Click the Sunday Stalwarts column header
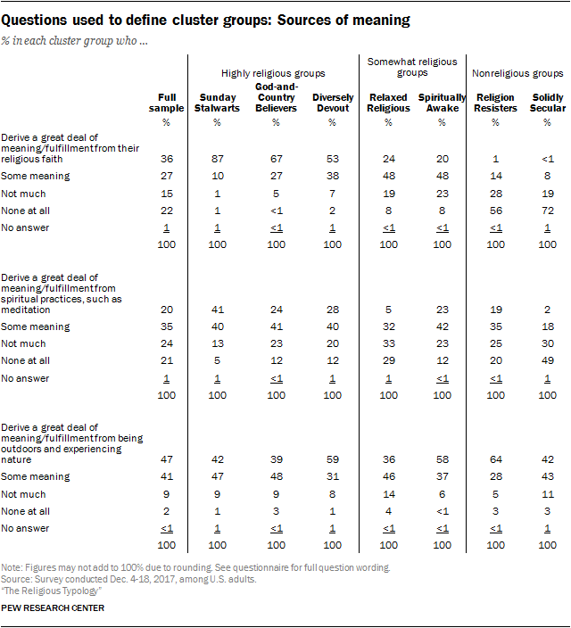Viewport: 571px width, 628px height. click(217, 103)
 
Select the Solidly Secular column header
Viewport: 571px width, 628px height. click(548, 103)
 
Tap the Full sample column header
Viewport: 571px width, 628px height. click(166, 103)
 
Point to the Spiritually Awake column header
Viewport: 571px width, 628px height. click(442, 103)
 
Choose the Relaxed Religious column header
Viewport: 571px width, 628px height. click(388, 103)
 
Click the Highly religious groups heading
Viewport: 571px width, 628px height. click(273, 74)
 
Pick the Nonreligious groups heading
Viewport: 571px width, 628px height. click(517, 74)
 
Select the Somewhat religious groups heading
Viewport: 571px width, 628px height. click(412, 67)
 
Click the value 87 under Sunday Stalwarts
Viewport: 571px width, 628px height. click(217, 159)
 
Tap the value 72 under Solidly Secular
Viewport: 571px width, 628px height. click(548, 211)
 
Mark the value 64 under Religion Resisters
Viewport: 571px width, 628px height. click(496, 459)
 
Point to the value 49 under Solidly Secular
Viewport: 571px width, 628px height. click(548, 360)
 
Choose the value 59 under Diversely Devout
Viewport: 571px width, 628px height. click(332, 459)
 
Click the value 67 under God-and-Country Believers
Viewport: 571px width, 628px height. click(276, 159)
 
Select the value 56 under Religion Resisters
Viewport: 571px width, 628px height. click(496, 211)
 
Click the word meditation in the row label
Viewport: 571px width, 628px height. click(26, 310)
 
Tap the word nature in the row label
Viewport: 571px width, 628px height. click(16, 459)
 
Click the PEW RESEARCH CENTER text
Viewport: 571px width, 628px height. click(53, 608)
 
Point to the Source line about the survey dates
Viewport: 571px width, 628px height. click(128, 580)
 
